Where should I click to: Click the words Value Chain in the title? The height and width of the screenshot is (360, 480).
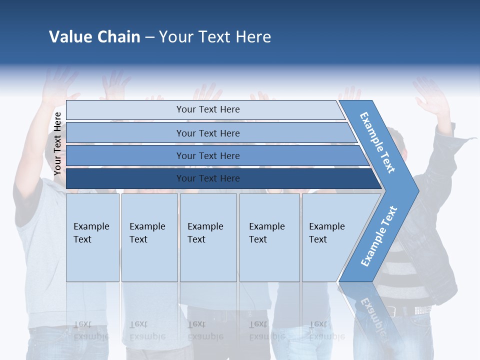94,37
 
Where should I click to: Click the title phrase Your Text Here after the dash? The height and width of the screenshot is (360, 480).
215,37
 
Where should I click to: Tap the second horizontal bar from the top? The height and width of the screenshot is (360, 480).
208,133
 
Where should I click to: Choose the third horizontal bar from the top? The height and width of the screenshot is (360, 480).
208,155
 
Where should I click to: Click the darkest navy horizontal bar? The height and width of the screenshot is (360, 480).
208,178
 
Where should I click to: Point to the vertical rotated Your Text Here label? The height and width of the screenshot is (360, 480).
57,144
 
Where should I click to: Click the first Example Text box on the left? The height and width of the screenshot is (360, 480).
92,237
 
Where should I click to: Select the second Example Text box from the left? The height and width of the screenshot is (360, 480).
149,237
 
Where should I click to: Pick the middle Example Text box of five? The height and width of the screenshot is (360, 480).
208,237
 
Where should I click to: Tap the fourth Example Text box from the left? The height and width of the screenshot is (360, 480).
269,237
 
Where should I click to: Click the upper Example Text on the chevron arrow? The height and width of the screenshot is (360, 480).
377,142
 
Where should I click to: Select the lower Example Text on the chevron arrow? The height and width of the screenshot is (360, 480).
379,236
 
